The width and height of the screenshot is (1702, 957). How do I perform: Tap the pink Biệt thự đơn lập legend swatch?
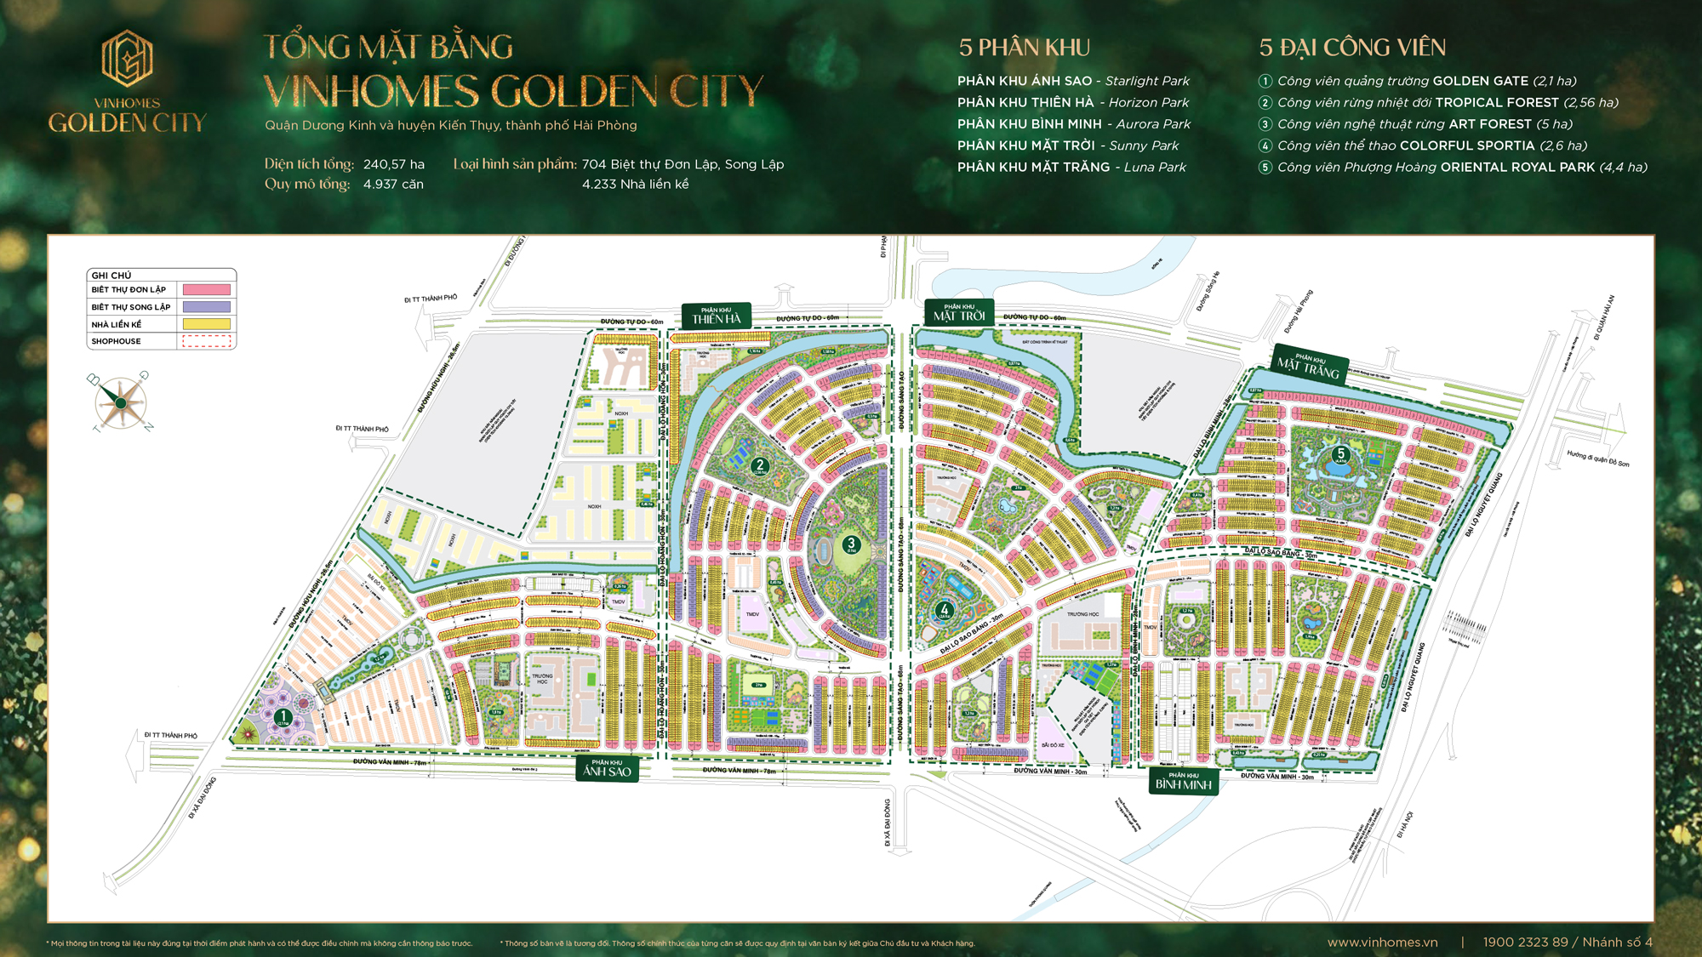(x=207, y=290)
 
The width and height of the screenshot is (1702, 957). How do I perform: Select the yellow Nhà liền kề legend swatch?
(x=207, y=324)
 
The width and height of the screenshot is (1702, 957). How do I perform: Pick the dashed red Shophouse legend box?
(x=207, y=341)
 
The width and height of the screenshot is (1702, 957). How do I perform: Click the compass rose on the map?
(x=121, y=402)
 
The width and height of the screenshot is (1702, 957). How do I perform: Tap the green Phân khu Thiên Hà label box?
(x=716, y=316)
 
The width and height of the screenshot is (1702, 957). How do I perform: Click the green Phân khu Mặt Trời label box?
(x=959, y=312)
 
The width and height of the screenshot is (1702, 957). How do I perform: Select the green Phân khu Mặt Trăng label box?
(x=1309, y=364)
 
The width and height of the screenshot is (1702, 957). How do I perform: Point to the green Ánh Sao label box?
(x=607, y=768)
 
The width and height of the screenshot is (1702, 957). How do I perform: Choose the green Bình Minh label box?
(x=1183, y=781)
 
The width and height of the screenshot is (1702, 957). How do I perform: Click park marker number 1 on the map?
(x=283, y=716)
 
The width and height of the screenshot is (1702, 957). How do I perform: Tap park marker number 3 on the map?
(x=850, y=544)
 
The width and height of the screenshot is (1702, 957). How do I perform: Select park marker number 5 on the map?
(x=1340, y=453)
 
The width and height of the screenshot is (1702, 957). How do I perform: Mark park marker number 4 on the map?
(x=944, y=609)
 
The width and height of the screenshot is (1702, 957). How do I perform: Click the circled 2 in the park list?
(x=1265, y=103)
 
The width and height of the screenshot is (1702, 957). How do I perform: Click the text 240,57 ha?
(x=393, y=164)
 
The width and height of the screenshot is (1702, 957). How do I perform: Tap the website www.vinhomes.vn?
(x=1382, y=942)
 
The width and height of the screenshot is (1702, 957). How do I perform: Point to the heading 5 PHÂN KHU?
(x=1024, y=48)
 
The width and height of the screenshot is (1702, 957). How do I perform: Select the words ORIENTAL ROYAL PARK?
(x=1517, y=168)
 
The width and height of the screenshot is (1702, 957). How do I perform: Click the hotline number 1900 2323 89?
(x=1525, y=942)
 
